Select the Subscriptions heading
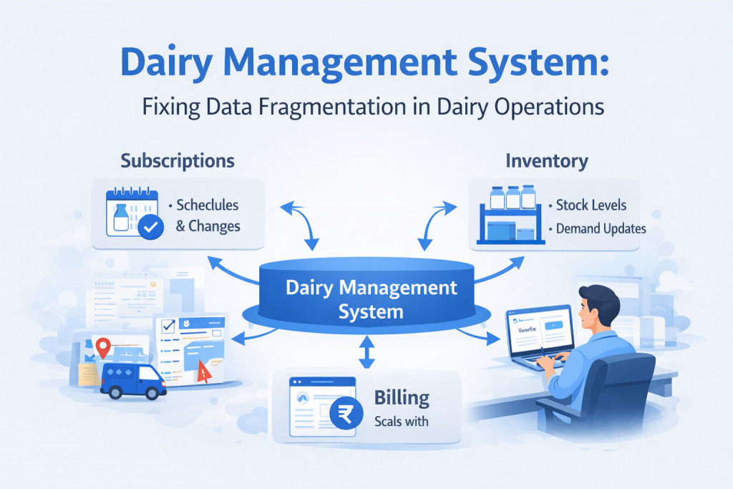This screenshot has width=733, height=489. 178,160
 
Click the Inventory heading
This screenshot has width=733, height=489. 547,160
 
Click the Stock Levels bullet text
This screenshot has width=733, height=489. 591,205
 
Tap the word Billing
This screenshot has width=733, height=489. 402,397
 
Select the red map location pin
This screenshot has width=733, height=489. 105,348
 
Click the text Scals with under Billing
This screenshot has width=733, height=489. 401,422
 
